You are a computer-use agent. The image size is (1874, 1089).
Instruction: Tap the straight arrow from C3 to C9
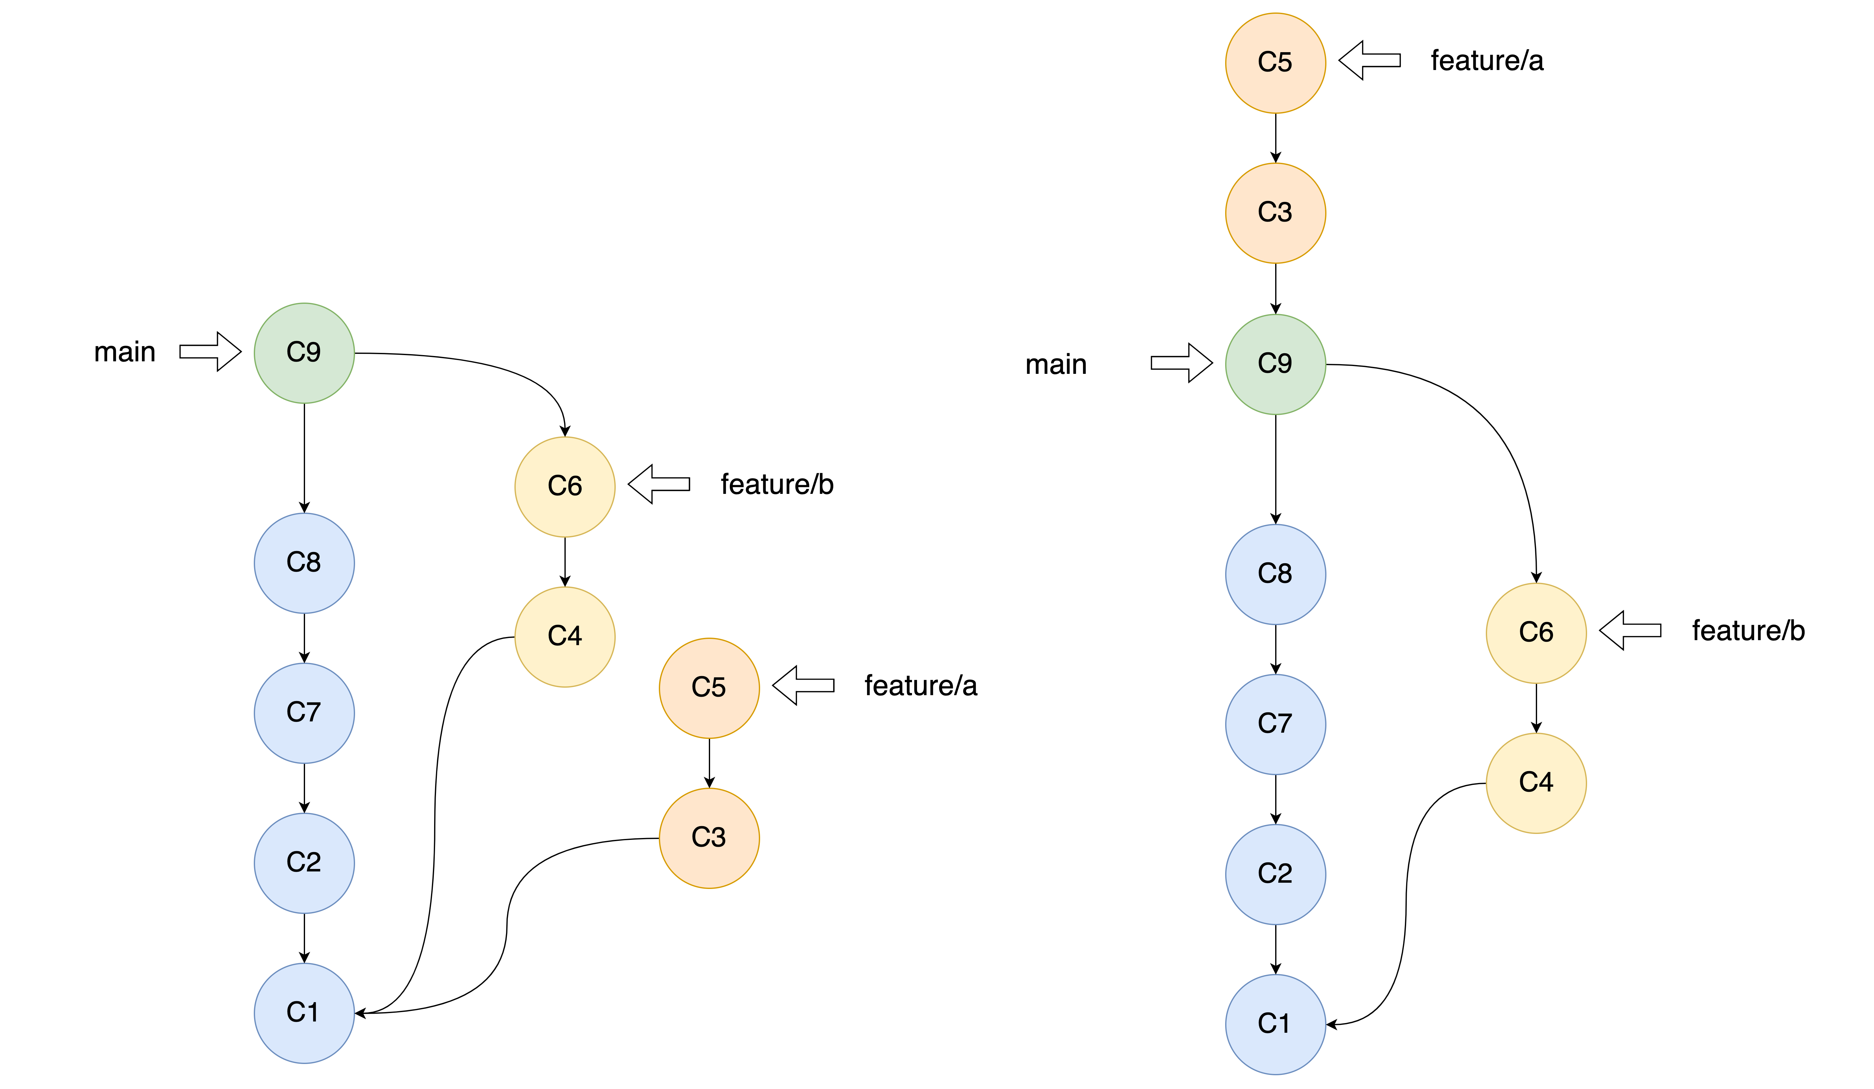pos(1275,289)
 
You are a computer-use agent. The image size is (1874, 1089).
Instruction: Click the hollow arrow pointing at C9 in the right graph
pos(1182,363)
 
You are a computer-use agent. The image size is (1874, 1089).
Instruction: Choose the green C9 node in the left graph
pos(304,353)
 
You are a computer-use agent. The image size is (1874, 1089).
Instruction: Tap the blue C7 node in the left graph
pos(304,713)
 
